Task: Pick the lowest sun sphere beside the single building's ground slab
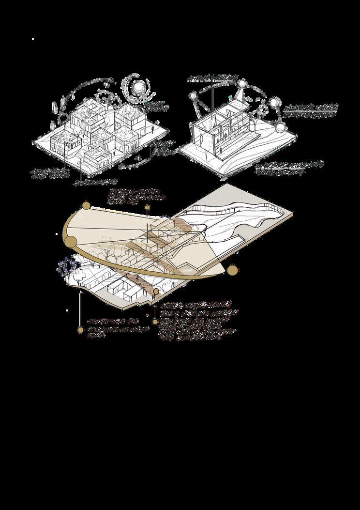pyautogui.click(x=280, y=127)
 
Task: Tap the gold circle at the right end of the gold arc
pyautogui.click(x=233, y=270)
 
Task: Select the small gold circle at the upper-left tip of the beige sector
pyautogui.click(x=87, y=206)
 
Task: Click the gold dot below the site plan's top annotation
pyautogui.click(x=148, y=208)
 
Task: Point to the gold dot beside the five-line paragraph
pyautogui.click(x=155, y=321)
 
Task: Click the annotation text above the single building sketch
pyautogui.click(x=213, y=77)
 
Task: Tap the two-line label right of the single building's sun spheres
pyautogui.click(x=310, y=110)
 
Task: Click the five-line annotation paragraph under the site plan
pyautogui.click(x=198, y=321)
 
